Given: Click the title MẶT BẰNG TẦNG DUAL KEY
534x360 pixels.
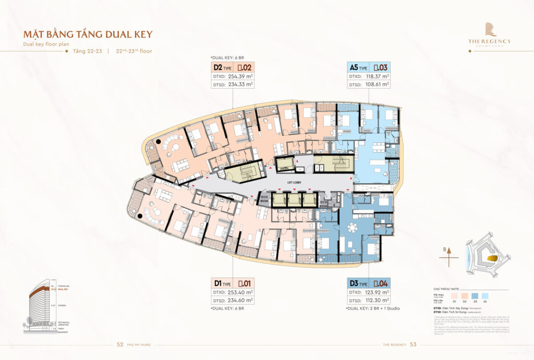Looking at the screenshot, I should coord(88,34).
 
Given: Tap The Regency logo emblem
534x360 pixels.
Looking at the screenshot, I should coord(490,30).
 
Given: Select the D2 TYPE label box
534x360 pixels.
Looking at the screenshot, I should coord(223,67).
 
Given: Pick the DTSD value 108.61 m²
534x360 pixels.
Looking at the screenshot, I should coord(377,84).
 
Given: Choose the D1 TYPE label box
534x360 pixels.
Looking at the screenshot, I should coord(223,283).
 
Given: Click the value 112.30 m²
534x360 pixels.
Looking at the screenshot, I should coord(377,300).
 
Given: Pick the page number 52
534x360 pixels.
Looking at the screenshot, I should coord(120,344).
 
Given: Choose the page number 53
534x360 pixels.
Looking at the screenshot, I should coord(414,344).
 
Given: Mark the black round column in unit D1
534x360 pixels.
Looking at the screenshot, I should coord(139,215).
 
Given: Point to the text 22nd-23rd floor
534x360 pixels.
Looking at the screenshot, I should coord(134,51).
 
